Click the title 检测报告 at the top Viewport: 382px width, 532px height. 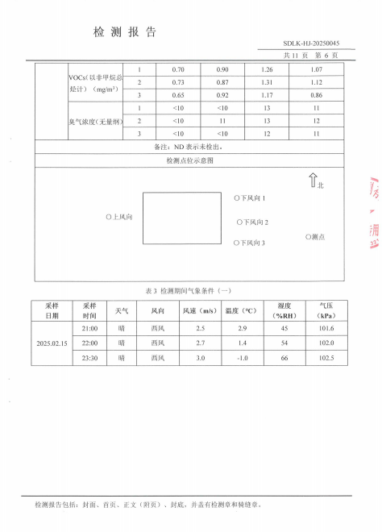tap(125, 32)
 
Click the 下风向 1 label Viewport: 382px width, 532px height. tap(250, 197)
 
